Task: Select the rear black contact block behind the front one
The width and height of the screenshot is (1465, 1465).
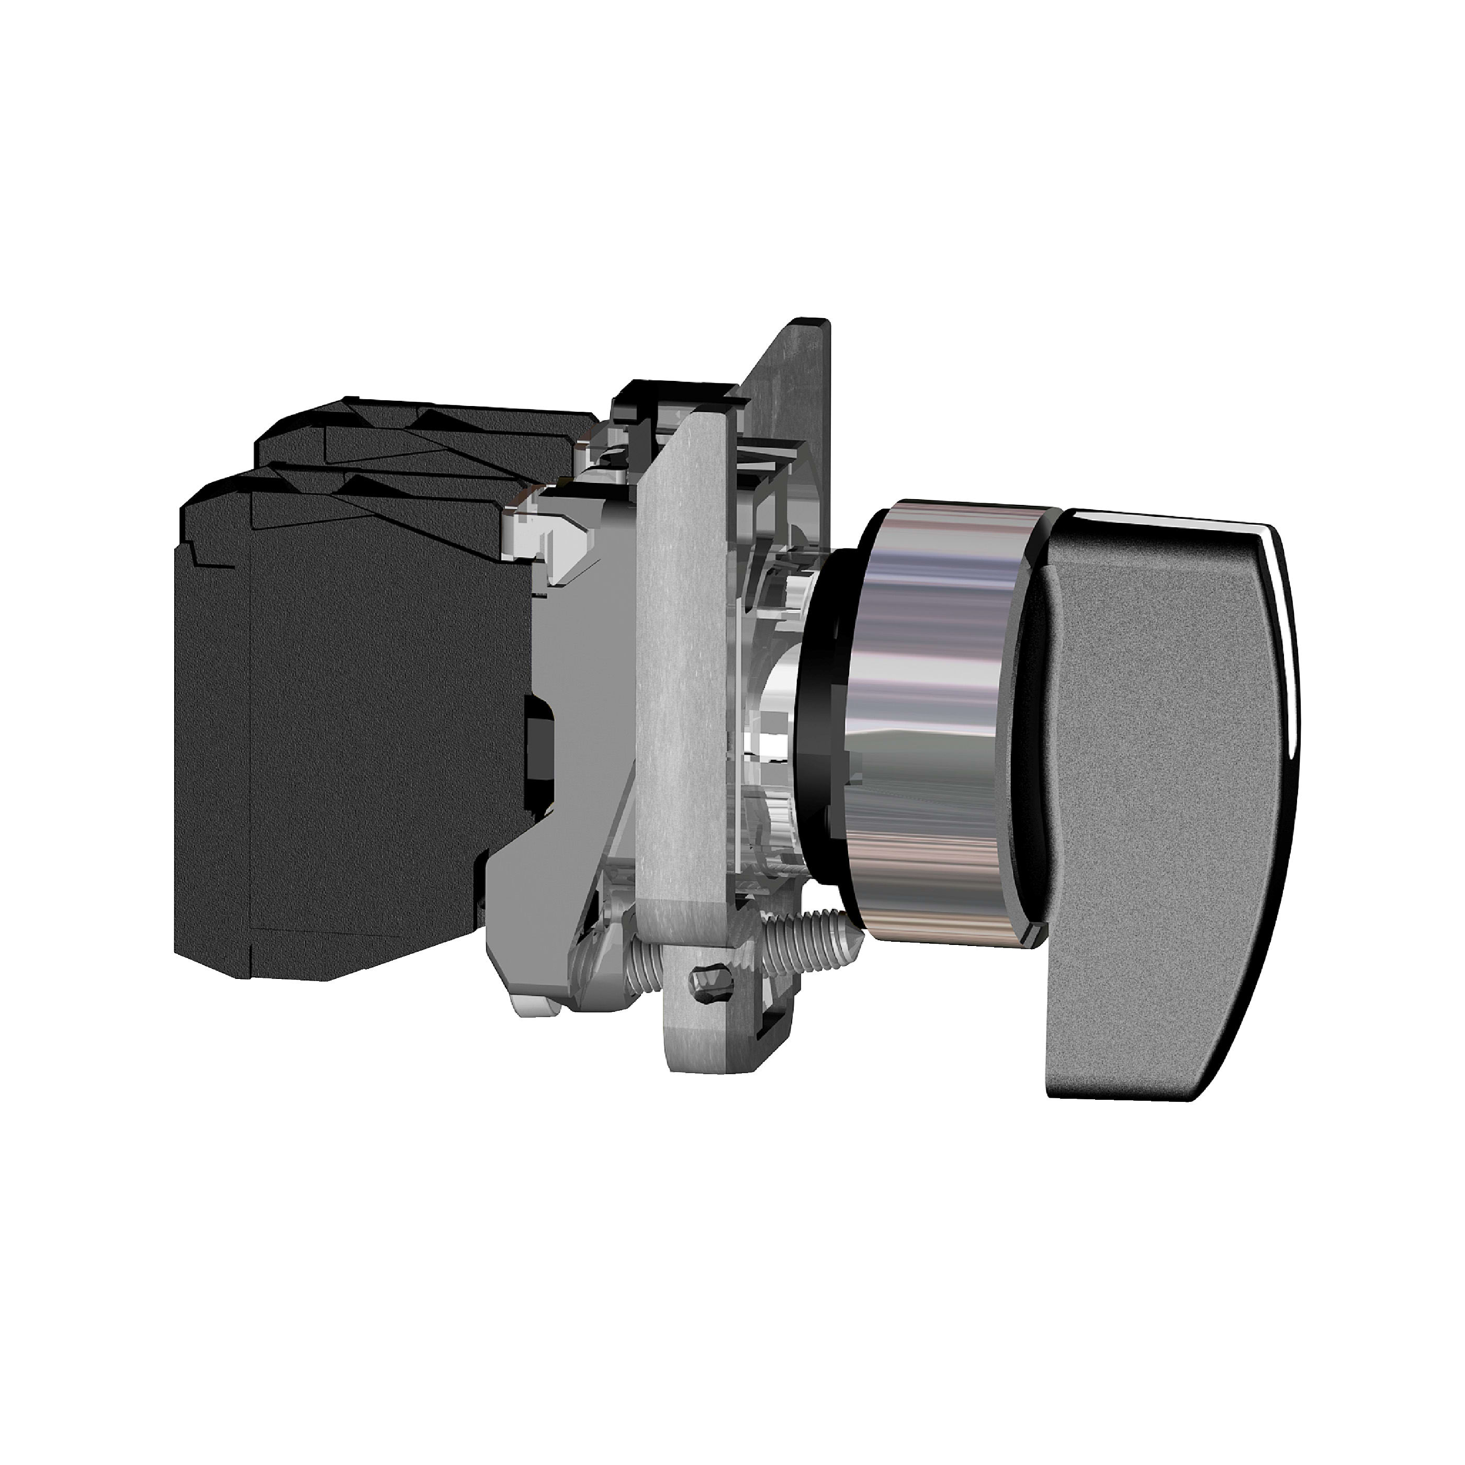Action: (x=425, y=440)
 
